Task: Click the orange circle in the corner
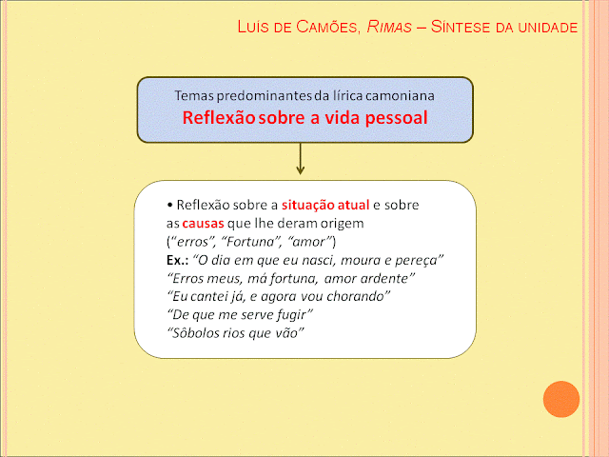[x=561, y=399]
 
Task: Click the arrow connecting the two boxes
[x=300, y=159]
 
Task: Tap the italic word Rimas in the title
[x=389, y=27]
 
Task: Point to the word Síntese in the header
[x=461, y=27]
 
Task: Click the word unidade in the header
[x=548, y=28]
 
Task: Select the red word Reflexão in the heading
[x=219, y=117]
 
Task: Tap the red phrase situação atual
[x=325, y=205]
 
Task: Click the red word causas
[x=203, y=224]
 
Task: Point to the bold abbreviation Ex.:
[x=178, y=260]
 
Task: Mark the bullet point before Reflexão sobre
[x=169, y=205]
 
